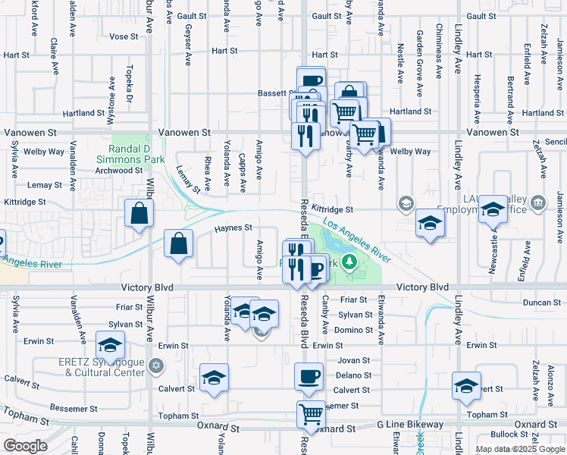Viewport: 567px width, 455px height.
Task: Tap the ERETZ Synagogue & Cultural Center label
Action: pos(101,367)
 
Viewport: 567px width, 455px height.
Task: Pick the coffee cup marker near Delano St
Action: pos(309,376)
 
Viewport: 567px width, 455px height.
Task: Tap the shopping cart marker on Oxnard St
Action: pos(311,414)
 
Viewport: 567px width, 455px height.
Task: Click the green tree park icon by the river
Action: pos(349,263)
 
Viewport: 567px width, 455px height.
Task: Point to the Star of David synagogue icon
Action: pos(156,366)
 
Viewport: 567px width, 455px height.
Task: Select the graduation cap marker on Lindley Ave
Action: pos(466,385)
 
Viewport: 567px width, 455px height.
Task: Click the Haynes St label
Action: pos(233,227)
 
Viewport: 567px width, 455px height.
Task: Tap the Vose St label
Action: pos(124,36)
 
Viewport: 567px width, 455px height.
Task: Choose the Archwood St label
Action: pos(119,171)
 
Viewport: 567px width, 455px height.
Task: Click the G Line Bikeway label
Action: pos(414,424)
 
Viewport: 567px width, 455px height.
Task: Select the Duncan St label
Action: pos(541,302)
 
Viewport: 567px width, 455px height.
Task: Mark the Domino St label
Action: pos(353,330)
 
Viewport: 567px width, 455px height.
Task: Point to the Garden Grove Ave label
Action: pos(419,64)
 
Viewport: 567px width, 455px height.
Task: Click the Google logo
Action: pos(25,446)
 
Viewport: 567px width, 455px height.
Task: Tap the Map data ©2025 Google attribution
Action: pos(519,449)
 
